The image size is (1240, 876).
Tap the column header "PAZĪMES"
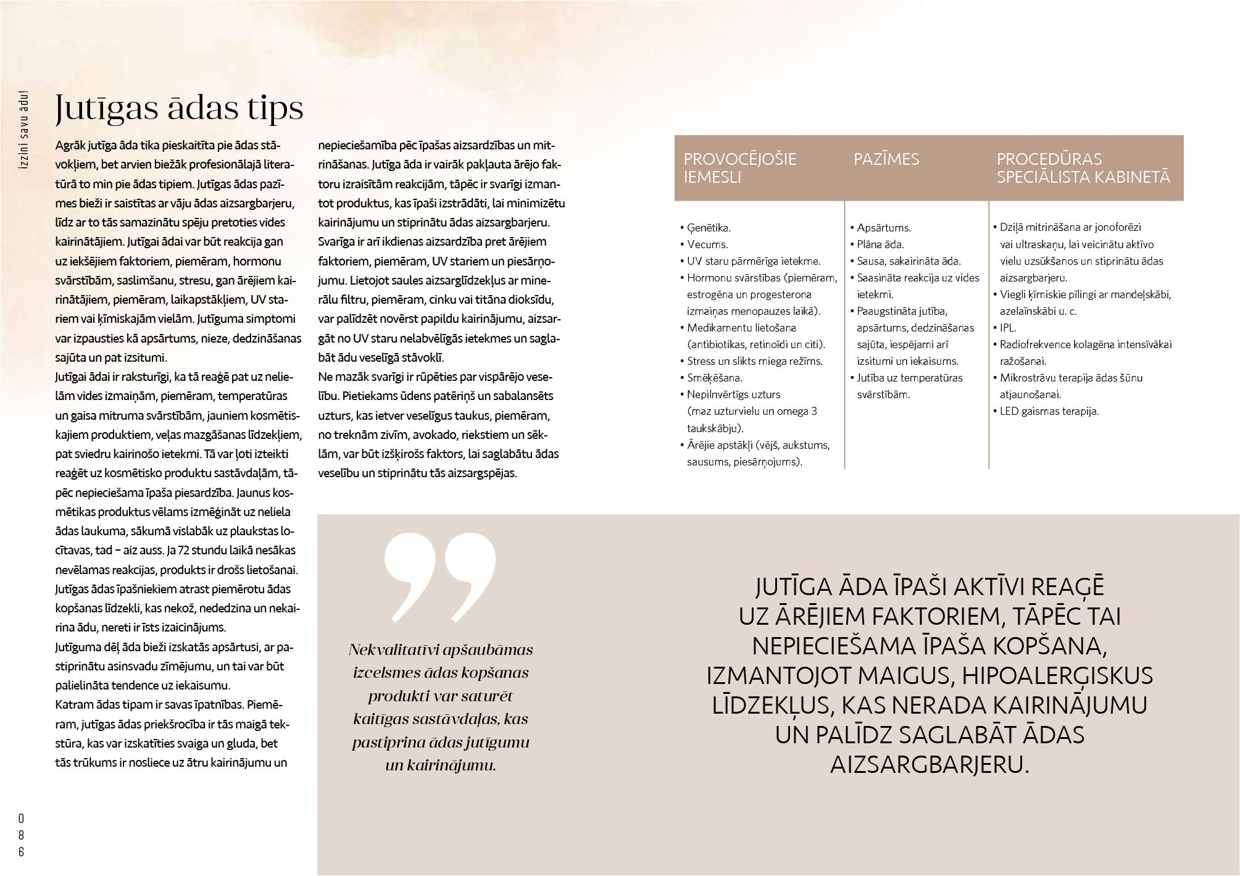[x=886, y=159]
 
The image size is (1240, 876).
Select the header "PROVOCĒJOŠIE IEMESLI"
[x=739, y=168]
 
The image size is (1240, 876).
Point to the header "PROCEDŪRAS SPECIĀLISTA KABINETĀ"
[x=1083, y=168]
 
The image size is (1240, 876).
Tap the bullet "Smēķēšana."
[x=715, y=378]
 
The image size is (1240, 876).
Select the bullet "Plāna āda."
[x=880, y=244]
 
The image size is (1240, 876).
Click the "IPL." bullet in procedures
[x=1007, y=328]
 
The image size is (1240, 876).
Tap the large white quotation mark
[x=439, y=577]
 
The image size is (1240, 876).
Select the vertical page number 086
[x=21, y=835]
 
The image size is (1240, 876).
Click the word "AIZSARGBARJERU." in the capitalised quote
[x=930, y=765]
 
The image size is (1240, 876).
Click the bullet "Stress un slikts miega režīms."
[x=754, y=361]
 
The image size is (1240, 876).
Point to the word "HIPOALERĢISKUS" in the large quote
[x=1057, y=676]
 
